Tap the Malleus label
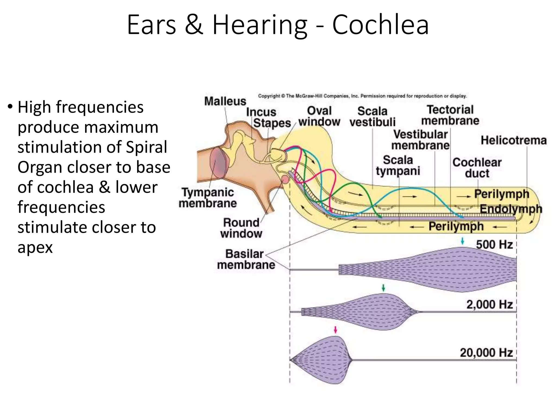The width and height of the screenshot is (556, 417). [225, 101]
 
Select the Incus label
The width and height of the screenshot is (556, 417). [261, 112]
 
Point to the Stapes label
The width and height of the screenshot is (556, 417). [272, 123]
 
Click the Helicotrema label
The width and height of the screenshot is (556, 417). [513, 140]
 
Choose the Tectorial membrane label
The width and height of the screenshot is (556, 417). [450, 115]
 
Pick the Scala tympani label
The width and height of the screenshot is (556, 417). [398, 165]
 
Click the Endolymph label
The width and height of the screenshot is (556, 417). [511, 209]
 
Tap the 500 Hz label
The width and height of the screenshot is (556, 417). [494, 245]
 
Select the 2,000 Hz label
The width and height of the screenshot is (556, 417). [489, 305]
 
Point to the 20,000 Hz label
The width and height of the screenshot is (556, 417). [486, 353]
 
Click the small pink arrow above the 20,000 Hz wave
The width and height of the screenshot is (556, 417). [336, 330]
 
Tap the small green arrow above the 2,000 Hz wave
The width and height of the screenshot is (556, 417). [383, 288]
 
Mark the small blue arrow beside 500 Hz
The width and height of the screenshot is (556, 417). [463, 241]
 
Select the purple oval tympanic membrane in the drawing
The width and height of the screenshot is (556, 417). [217, 162]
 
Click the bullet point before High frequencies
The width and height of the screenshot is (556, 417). [10, 107]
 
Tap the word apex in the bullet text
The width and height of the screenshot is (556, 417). [35, 247]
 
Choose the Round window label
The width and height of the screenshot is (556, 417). [241, 228]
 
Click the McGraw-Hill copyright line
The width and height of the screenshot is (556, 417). [362, 96]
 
